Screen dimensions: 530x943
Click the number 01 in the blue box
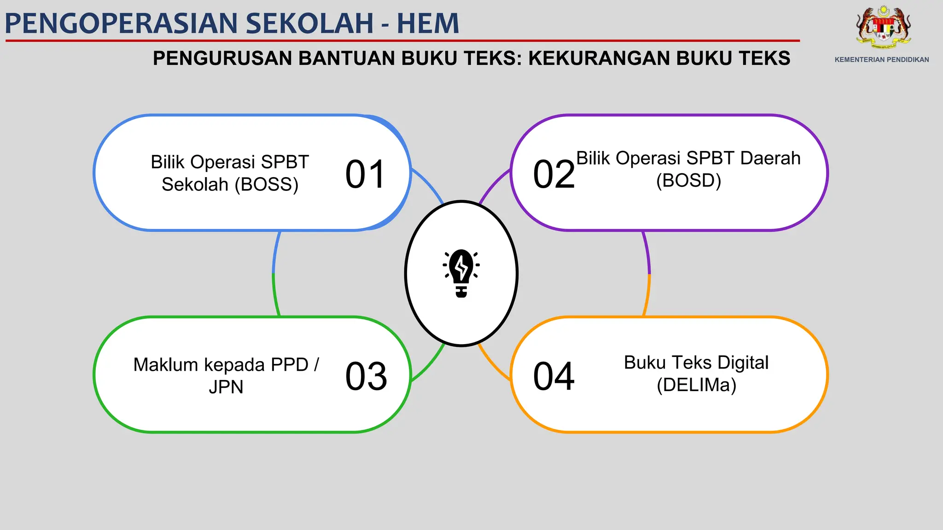(365, 174)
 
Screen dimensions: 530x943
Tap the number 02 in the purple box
(554, 174)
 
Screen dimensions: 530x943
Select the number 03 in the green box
(366, 376)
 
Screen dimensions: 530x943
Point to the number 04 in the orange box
(554, 376)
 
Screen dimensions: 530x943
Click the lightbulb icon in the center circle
(461, 273)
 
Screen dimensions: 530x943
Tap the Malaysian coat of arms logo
(883, 28)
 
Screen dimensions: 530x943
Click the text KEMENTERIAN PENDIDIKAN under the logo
(882, 60)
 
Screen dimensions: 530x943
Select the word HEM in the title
(428, 23)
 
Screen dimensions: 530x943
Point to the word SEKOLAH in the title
(309, 23)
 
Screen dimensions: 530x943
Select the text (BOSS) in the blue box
(267, 184)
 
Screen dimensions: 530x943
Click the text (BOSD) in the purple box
(688, 180)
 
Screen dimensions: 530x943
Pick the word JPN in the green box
(226, 387)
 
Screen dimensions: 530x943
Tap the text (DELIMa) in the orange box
(696, 385)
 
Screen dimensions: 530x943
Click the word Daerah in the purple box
(770, 158)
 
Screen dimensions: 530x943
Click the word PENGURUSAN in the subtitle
(222, 58)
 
